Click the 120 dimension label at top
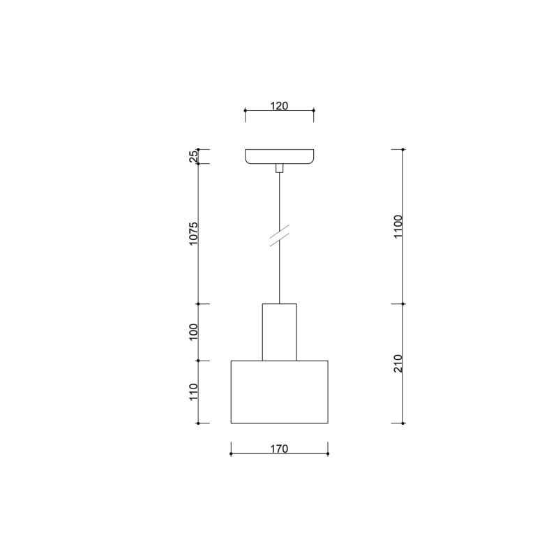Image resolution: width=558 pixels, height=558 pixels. coord(279,106)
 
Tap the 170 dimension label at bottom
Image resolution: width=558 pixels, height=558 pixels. coord(279,448)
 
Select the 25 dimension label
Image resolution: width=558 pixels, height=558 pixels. coord(193,156)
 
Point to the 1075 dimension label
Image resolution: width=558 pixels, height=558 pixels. coord(193,234)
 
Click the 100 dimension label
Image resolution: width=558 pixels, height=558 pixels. coord(193,332)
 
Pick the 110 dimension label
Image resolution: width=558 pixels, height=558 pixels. coord(193,392)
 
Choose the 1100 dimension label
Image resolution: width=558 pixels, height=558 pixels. coord(398,227)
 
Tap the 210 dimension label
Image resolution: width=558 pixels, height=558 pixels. coord(398,363)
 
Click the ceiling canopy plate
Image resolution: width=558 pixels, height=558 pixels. coord(280,156)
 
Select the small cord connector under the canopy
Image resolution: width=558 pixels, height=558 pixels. coord(280,168)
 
